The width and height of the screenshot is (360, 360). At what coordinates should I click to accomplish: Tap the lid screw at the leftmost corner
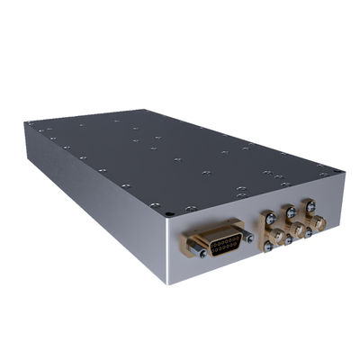[31, 125]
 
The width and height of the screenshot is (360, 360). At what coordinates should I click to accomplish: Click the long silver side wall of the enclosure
[90, 180]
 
